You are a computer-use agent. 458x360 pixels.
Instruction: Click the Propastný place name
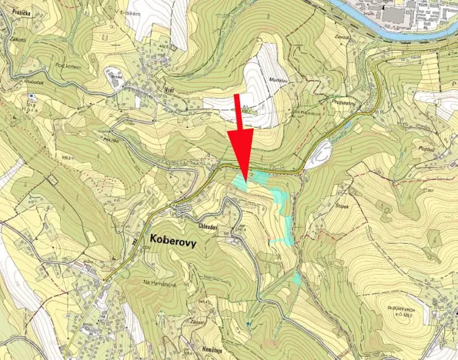pyautogui.click(x=345, y=101)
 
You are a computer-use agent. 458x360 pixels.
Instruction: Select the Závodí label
pyautogui.click(x=343, y=37)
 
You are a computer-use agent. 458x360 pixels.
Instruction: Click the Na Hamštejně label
pyautogui.click(x=159, y=284)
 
